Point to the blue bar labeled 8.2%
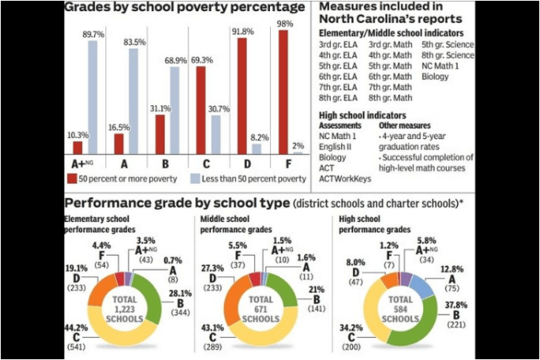pos(256,148)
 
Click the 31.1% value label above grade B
pos(160,108)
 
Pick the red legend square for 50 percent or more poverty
pos(71,177)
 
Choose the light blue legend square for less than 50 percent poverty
pos(196,177)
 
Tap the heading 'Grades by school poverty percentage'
pos(184,9)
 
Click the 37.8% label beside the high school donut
pos(456,303)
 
